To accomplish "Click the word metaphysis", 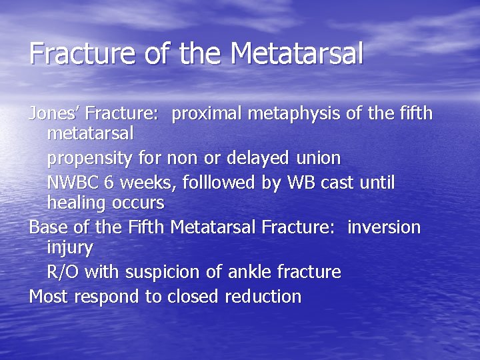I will point(294,115).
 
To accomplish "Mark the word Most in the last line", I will point(48,296).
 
